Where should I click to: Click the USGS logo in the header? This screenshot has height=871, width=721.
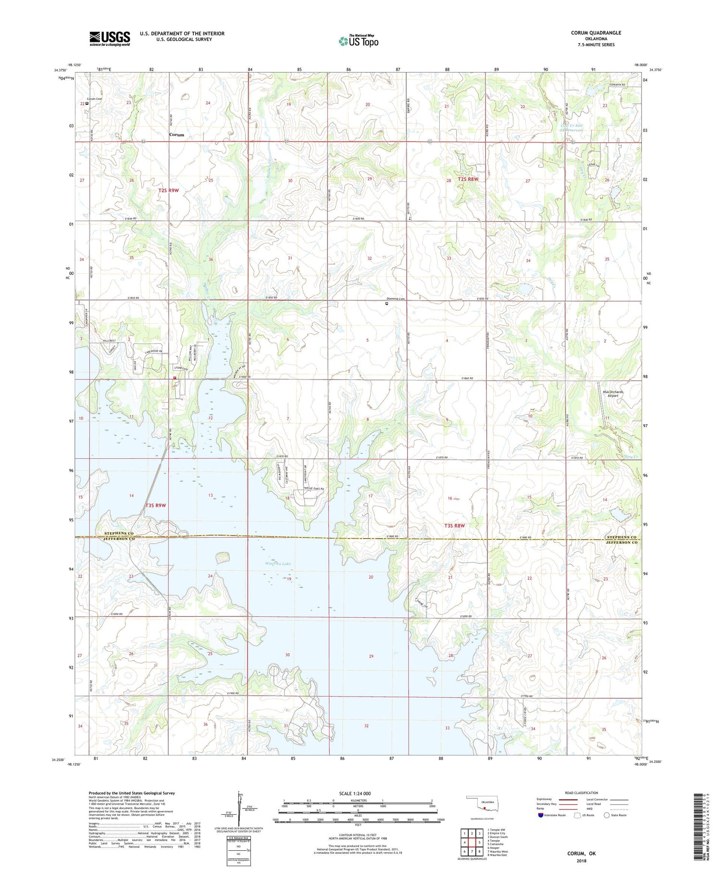(x=110, y=38)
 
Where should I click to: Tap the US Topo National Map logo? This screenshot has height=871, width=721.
(x=358, y=41)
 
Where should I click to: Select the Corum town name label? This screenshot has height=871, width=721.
(x=176, y=135)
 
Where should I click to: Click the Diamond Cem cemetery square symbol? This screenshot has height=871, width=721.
(x=386, y=304)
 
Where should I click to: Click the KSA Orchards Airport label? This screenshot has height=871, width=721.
(x=613, y=393)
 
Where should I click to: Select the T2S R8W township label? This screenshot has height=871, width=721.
(x=468, y=179)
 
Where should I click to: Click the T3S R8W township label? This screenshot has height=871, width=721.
(x=454, y=526)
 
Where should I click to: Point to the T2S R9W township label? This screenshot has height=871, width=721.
(x=168, y=191)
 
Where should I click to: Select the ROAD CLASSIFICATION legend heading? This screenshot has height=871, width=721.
(x=582, y=793)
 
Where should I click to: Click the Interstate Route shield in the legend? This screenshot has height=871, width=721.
(x=541, y=815)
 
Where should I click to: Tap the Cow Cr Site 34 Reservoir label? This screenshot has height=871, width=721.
(x=572, y=128)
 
